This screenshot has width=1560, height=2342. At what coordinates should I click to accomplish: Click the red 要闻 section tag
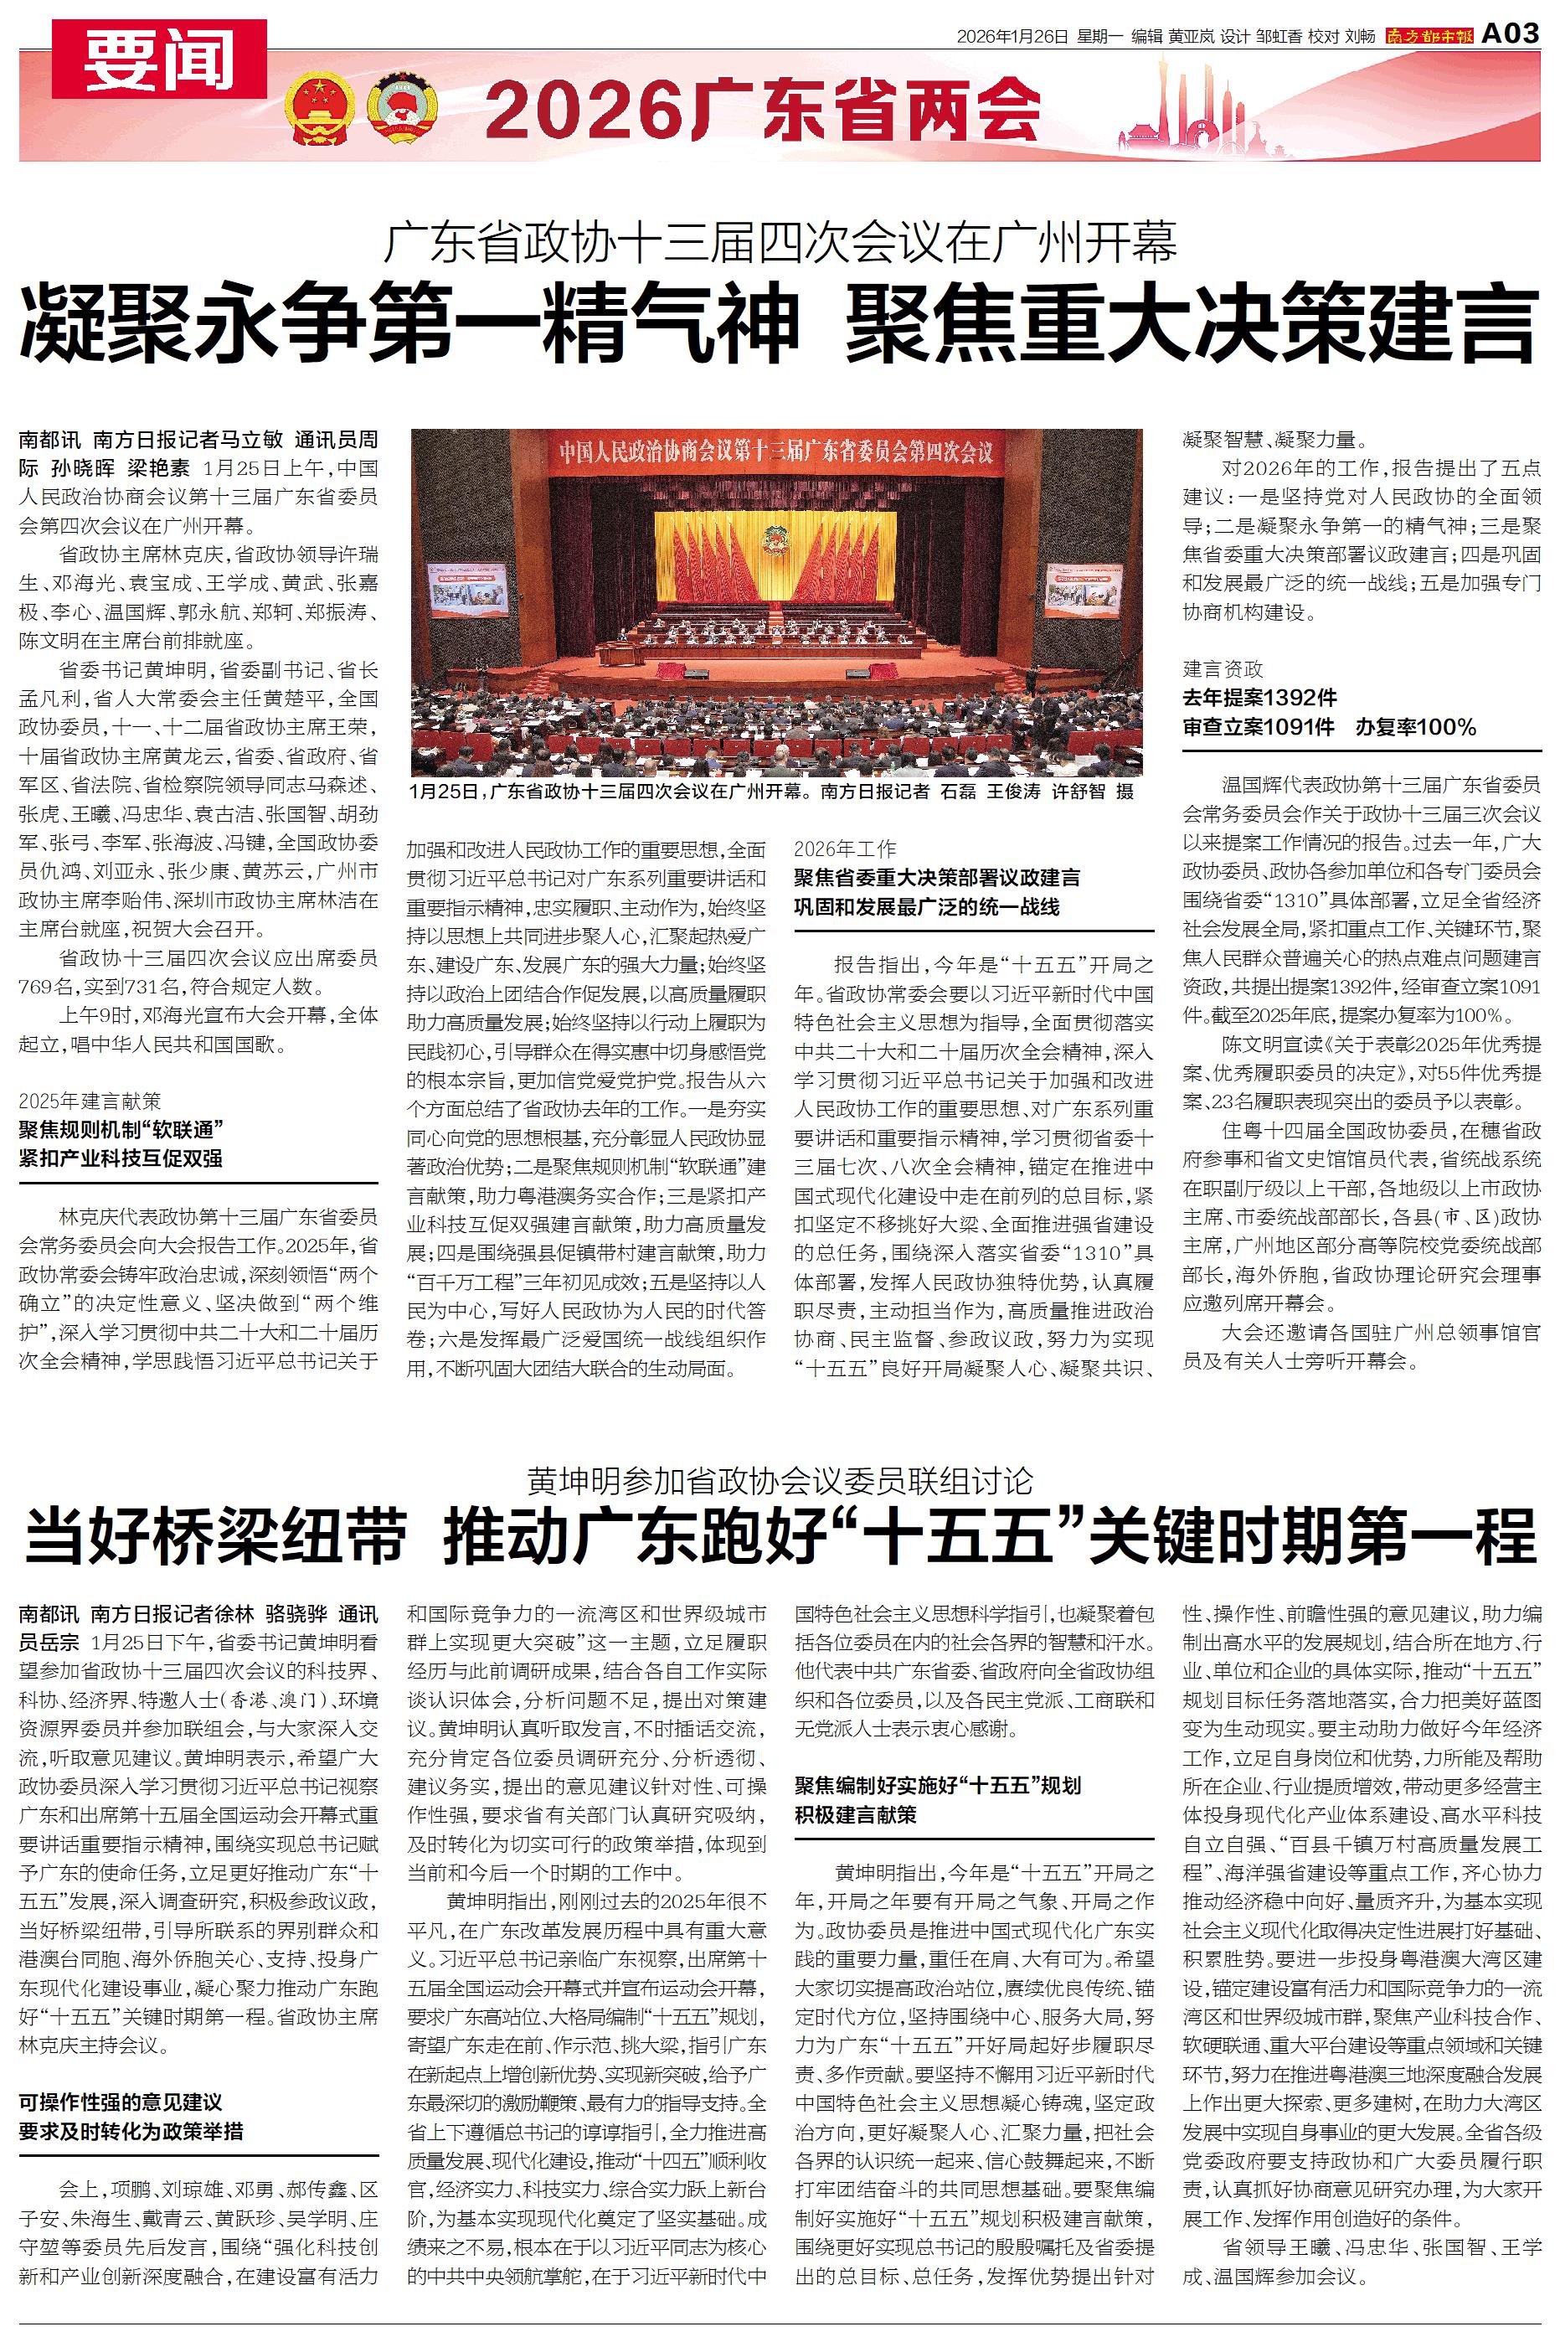point(159,59)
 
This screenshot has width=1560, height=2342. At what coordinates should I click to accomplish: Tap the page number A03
point(1511,34)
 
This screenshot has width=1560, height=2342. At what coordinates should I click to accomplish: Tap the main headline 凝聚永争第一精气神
point(410,323)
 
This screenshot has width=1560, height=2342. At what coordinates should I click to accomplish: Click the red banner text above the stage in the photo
point(775,451)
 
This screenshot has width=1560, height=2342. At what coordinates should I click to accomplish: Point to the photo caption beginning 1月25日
point(771,791)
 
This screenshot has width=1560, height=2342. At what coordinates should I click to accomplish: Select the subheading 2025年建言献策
point(90,1101)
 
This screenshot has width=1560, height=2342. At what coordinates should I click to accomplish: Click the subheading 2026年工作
point(845,848)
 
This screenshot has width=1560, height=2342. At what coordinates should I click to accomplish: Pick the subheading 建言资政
point(1223,668)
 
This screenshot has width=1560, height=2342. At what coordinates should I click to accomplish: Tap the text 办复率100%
point(1415,727)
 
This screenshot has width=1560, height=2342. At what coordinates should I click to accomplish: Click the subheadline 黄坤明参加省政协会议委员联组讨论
point(780,1480)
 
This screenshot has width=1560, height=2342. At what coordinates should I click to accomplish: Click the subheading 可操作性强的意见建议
point(121,2102)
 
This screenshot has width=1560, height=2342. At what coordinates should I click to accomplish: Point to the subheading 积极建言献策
point(855,1813)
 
